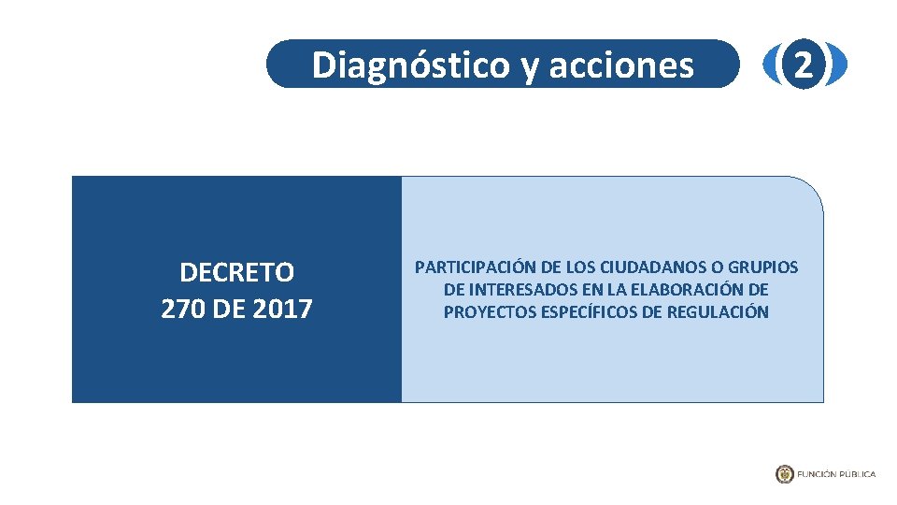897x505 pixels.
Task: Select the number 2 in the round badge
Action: (x=804, y=65)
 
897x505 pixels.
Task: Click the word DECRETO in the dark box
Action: (x=236, y=272)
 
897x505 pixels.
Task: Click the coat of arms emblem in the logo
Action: (x=784, y=474)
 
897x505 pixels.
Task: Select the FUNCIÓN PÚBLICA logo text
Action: (x=836, y=474)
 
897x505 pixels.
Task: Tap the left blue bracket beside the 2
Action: (x=772, y=65)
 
